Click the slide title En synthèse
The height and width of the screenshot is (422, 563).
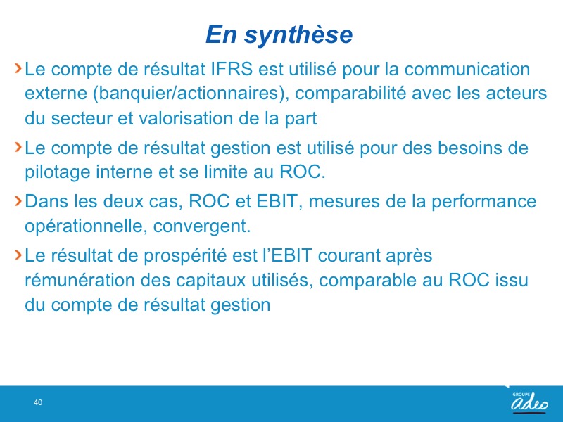click(x=279, y=34)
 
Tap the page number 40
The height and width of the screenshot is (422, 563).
click(x=38, y=402)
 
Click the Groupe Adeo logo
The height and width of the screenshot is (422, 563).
click(x=530, y=402)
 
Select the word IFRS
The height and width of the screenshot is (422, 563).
click(x=232, y=69)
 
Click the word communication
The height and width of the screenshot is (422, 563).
click(x=467, y=69)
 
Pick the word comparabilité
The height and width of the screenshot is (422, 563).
click(x=350, y=94)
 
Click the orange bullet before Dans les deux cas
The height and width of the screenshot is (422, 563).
click(x=18, y=201)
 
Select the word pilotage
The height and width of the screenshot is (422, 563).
click(x=58, y=172)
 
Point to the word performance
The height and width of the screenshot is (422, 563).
click(x=483, y=201)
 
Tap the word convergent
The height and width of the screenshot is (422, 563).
click(x=202, y=226)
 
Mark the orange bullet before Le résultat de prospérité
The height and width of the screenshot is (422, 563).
click(x=18, y=255)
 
